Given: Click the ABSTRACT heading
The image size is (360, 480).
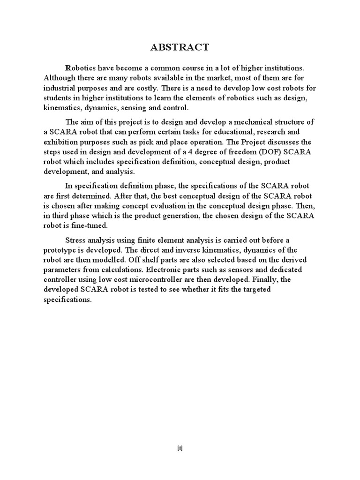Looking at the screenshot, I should coord(180,47).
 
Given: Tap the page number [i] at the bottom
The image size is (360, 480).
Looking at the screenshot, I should coord(180,448).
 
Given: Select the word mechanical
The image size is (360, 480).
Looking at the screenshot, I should coord(252,122).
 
